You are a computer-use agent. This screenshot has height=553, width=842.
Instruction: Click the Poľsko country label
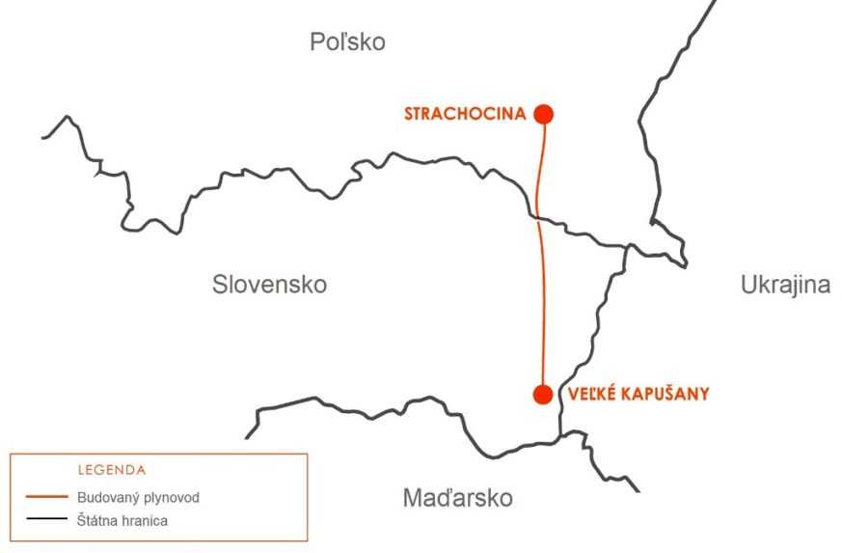pyautogui.click(x=347, y=42)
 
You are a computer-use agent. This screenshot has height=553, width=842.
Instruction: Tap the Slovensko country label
pyautogui.click(x=269, y=285)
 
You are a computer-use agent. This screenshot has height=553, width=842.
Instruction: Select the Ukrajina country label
pyautogui.click(x=785, y=285)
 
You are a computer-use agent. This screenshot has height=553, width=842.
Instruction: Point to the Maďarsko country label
pyautogui.click(x=457, y=498)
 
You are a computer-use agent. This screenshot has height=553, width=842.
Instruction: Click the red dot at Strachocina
pyautogui.click(x=544, y=114)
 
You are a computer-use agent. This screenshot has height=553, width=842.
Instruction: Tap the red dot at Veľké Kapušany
pyautogui.click(x=543, y=394)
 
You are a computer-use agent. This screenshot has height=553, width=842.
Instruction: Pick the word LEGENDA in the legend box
pyautogui.click(x=111, y=470)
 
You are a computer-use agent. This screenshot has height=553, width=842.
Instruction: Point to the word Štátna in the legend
pyautogui.click(x=97, y=521)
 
